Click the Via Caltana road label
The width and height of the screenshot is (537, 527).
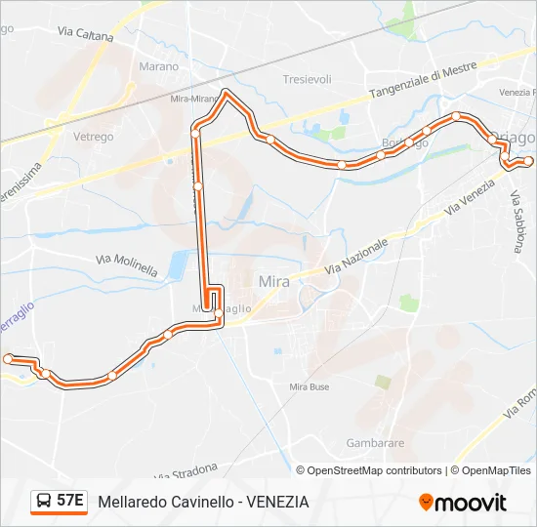86,35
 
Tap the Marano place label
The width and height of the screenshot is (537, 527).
159,66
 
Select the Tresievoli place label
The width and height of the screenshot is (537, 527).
307,79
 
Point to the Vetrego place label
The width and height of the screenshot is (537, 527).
93,137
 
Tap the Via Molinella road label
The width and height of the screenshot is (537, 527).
127,264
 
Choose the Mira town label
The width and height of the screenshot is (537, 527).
274,281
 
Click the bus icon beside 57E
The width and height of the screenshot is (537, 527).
43,502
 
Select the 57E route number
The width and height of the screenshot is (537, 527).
69,502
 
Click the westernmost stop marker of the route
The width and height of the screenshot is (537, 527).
9,359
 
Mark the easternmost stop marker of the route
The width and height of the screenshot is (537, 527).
528,160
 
